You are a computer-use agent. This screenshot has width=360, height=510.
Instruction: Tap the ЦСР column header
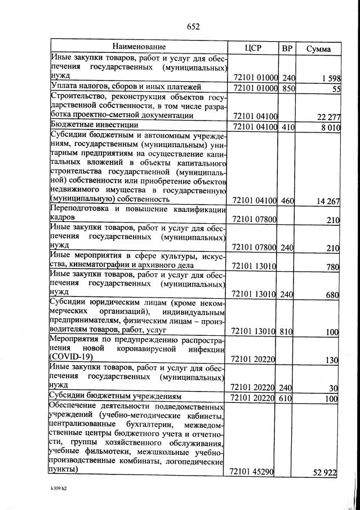254,47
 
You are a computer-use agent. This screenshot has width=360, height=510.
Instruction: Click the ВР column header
287,47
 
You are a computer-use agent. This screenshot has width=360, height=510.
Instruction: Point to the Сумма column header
318,48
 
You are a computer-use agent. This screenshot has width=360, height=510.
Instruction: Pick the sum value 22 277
325,117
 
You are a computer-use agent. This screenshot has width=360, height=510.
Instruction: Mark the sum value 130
331,360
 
